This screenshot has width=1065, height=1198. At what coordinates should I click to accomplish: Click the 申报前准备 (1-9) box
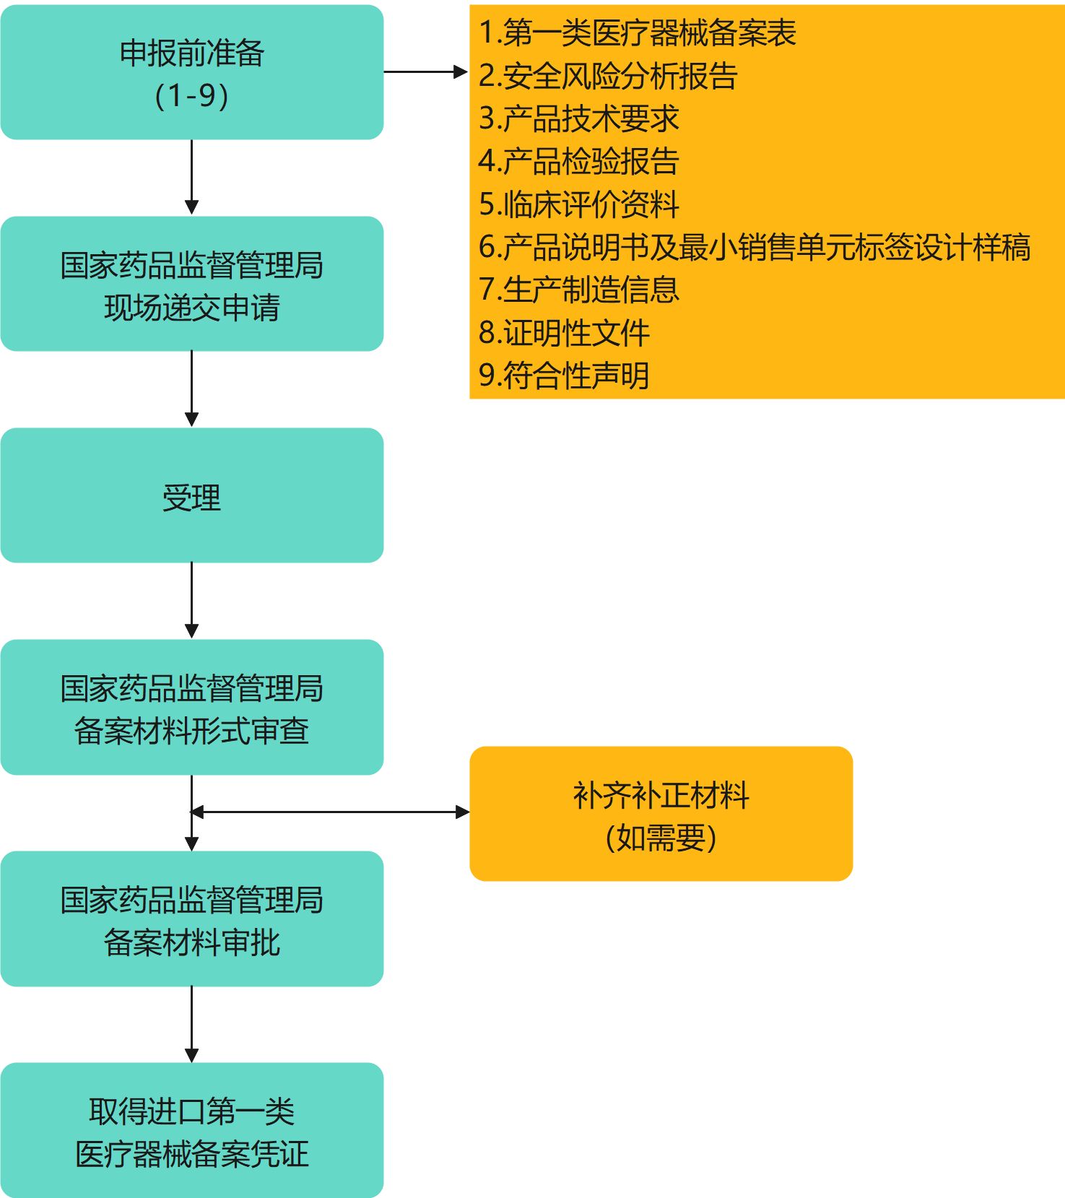[192, 72]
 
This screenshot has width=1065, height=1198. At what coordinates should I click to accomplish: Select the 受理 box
[192, 495]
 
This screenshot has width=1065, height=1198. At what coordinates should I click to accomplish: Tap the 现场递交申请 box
[192, 284]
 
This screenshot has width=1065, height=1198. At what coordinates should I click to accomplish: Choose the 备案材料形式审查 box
[192, 707]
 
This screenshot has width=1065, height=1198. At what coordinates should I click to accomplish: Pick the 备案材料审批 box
[192, 919]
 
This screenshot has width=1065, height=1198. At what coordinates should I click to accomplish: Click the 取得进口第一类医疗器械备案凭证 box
[192, 1130]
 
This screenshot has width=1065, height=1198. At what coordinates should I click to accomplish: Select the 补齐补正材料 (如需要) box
[661, 814]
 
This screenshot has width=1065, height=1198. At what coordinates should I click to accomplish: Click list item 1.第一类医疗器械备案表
[638, 32]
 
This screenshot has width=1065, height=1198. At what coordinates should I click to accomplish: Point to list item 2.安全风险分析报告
[608, 76]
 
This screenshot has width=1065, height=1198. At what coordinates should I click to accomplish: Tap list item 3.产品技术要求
[579, 118]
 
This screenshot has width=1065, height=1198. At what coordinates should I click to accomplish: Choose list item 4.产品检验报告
[579, 161]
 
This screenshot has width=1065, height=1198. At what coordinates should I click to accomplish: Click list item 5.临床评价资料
[579, 204]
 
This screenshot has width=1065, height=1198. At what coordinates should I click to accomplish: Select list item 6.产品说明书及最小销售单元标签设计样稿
[755, 247]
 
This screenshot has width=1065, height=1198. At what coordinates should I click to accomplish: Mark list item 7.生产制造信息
[579, 290]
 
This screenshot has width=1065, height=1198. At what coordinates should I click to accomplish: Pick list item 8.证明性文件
[565, 333]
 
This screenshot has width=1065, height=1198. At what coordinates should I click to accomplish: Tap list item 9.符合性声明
[565, 376]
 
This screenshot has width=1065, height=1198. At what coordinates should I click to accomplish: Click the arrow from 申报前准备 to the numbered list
[426, 72]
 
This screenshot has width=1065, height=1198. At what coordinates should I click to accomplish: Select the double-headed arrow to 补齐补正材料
[330, 812]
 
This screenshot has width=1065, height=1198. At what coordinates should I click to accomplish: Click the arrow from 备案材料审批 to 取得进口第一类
[192, 1025]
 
